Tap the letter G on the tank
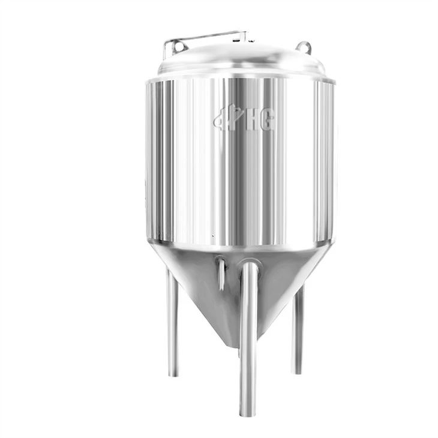(266, 121)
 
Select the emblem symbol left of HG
(227, 119)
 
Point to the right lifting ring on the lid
(304, 47)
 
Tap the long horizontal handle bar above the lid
(205, 37)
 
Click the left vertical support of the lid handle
(166, 50)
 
